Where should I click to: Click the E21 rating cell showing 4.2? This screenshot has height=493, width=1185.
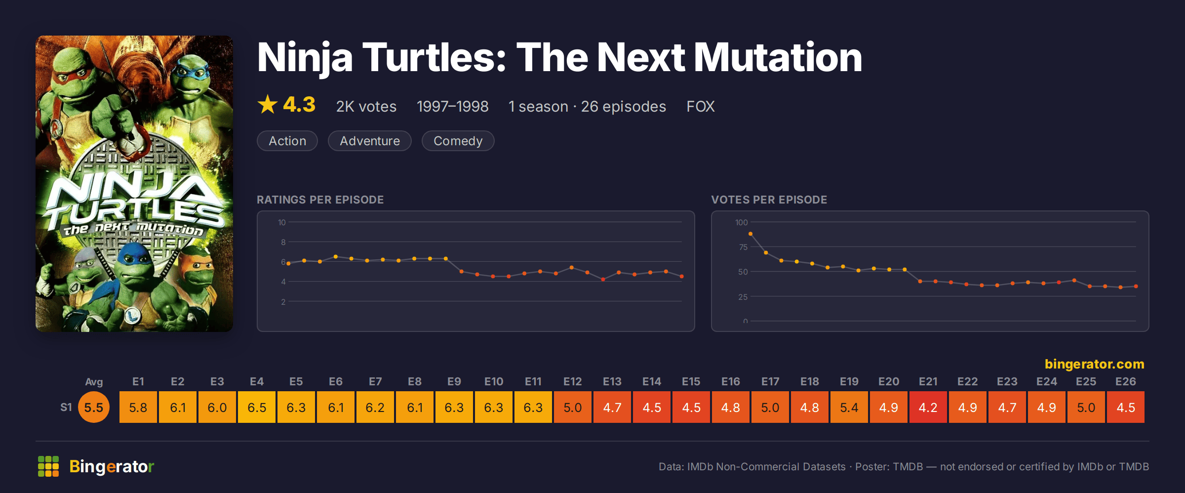(x=928, y=407)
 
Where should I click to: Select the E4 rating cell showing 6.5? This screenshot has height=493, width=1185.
(x=257, y=407)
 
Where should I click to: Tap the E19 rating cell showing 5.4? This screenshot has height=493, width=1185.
(x=849, y=407)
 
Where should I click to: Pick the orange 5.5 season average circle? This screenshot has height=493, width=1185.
(x=94, y=407)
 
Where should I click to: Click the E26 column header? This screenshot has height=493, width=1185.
(x=1126, y=381)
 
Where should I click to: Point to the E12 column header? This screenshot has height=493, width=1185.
(x=573, y=381)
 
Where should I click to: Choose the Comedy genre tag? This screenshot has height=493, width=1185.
(x=458, y=141)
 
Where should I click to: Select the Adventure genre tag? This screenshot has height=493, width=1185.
(x=370, y=141)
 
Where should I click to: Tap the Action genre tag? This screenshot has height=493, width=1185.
(x=287, y=141)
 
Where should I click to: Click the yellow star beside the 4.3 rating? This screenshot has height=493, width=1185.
(x=268, y=104)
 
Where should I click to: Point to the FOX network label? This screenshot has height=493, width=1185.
(x=700, y=106)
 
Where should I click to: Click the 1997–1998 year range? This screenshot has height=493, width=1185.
(x=452, y=106)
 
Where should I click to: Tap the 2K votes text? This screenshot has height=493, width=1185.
(x=366, y=106)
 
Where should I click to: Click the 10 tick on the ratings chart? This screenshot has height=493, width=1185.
(x=281, y=222)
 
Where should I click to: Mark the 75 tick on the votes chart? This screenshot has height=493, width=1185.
(x=743, y=247)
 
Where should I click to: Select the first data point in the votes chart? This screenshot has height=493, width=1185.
(x=750, y=234)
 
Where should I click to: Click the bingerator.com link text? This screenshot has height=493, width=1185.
(x=1094, y=364)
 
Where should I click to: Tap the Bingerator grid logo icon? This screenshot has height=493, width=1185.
(x=48, y=466)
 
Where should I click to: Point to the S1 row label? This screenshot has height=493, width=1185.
(x=66, y=407)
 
